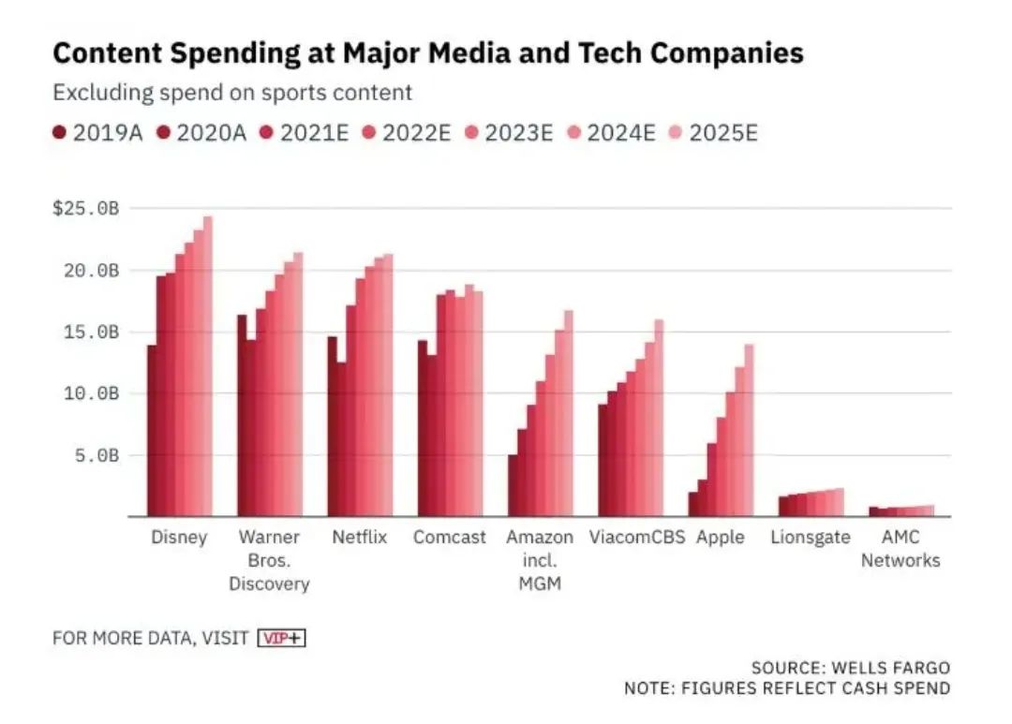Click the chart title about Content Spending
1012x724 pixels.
[x=428, y=53]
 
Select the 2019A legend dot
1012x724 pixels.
[x=60, y=133]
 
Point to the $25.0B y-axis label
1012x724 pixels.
[x=86, y=208]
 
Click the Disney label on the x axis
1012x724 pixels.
[x=179, y=538]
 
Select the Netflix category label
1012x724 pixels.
[x=359, y=538]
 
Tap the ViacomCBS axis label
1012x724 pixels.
[x=637, y=538]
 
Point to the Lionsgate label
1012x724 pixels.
[x=811, y=538]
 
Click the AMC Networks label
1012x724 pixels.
[x=900, y=549]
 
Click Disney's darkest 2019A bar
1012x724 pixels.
[x=152, y=431]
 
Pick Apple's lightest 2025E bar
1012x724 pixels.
[x=749, y=431]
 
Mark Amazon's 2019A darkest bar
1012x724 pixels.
[x=513, y=485]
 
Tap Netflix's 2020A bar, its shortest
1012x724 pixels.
[x=342, y=440]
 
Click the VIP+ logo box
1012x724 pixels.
[x=282, y=638]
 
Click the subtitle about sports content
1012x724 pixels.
[x=232, y=93]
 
